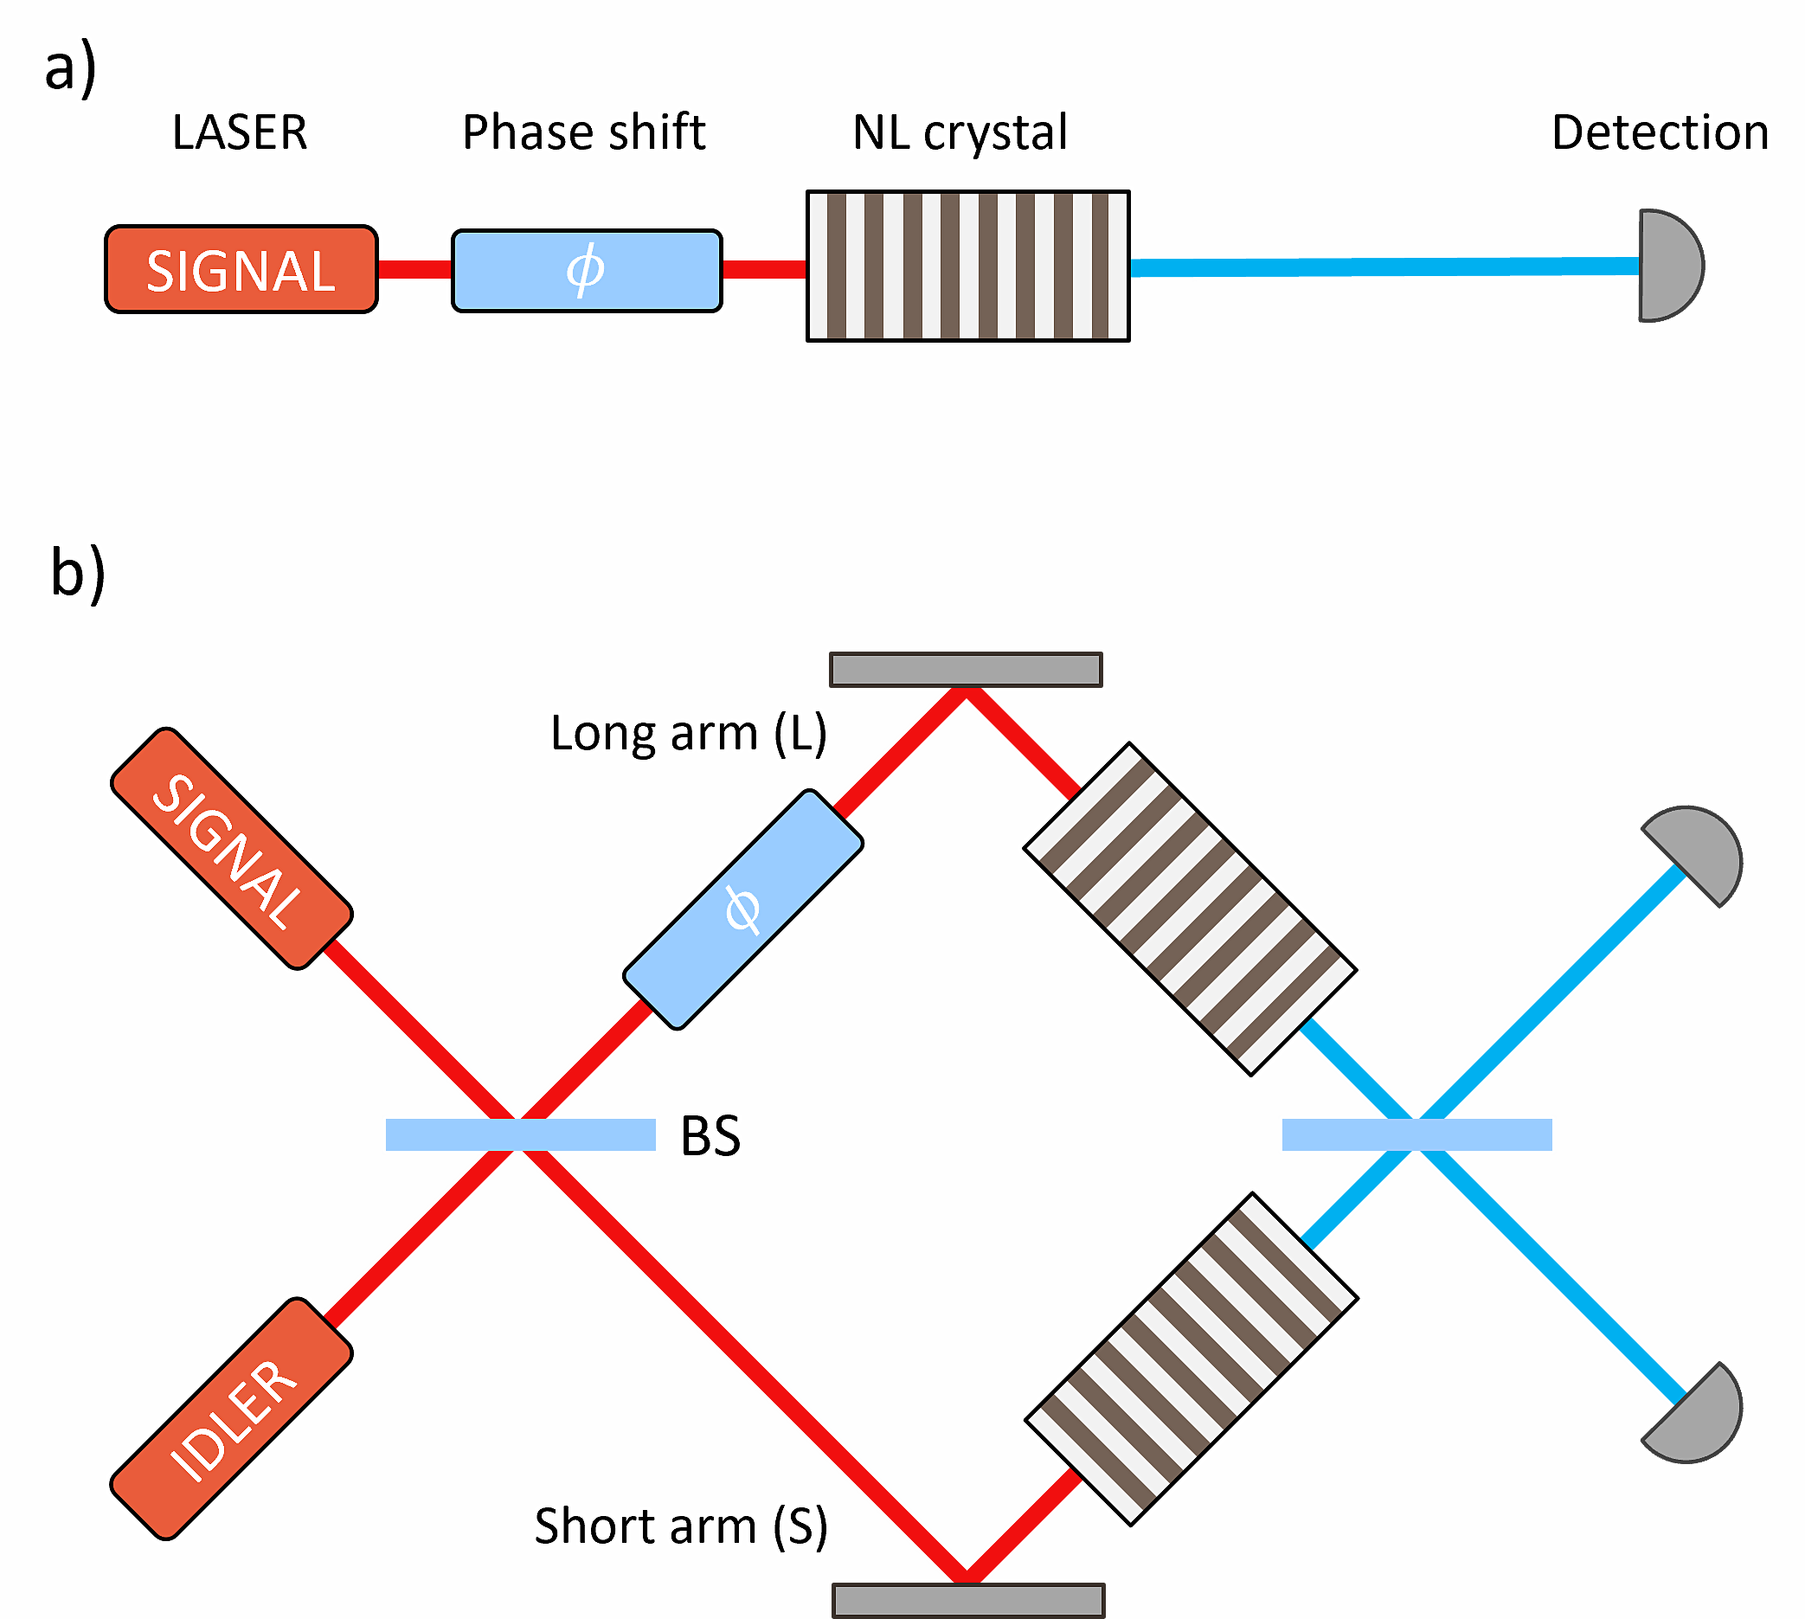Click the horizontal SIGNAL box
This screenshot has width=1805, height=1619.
241,269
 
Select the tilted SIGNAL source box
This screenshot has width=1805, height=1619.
231,849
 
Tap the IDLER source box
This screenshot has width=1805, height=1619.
231,1419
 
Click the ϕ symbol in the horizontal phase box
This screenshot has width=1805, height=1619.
585,269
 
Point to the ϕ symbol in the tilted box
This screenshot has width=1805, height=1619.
742,909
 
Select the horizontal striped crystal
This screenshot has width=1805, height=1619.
968,266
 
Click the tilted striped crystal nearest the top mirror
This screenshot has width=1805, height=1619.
1191,909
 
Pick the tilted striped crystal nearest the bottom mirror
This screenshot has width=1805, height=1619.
1192,1359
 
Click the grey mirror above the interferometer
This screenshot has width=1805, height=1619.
967,670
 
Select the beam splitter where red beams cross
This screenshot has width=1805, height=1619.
520,1134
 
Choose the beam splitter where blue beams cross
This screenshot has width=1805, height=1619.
1417,1134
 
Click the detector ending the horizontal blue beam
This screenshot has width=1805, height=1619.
1671,266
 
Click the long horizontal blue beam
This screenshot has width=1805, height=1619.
1384,267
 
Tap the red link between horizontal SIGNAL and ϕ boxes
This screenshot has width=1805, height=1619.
414,268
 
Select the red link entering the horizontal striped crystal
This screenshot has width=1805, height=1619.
764,268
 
